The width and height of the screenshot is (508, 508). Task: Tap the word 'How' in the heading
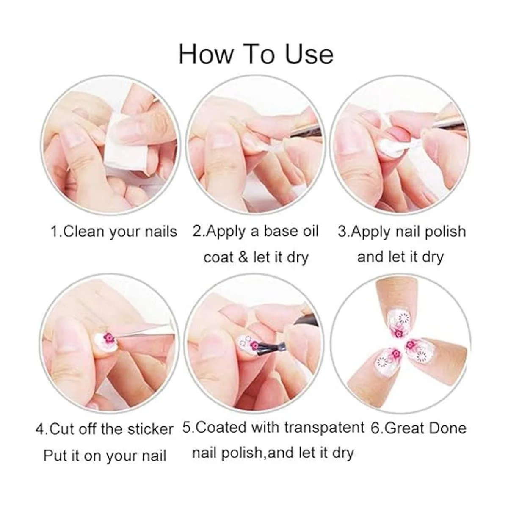point(206,55)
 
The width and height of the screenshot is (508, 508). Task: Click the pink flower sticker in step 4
point(108,338)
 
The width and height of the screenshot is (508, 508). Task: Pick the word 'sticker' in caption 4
point(150,429)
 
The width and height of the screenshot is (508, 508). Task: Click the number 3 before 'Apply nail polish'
point(342,232)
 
